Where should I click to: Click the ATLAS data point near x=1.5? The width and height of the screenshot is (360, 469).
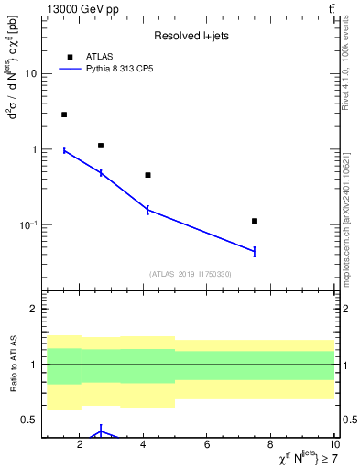(x=64, y=115)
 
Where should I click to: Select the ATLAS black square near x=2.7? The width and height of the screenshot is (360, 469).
(x=101, y=146)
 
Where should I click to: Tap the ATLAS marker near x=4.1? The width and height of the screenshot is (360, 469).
(x=147, y=175)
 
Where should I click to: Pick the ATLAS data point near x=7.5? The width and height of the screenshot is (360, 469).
(x=255, y=221)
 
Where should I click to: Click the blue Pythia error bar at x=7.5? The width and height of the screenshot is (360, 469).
(x=255, y=251)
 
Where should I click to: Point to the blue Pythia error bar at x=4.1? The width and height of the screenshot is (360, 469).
(x=147, y=210)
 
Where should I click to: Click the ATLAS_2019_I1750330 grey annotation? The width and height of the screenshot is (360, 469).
(x=191, y=274)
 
